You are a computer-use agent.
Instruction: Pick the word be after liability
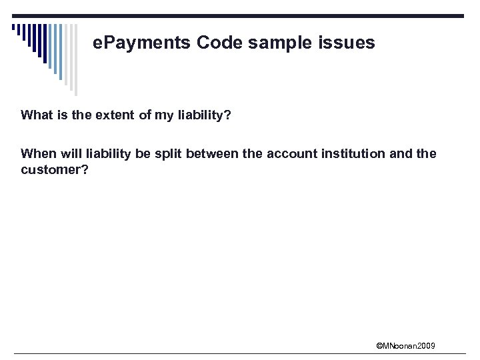pyautogui.click(x=143, y=153)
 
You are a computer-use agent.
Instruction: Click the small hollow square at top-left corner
pyautogui.click(x=14, y=27)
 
